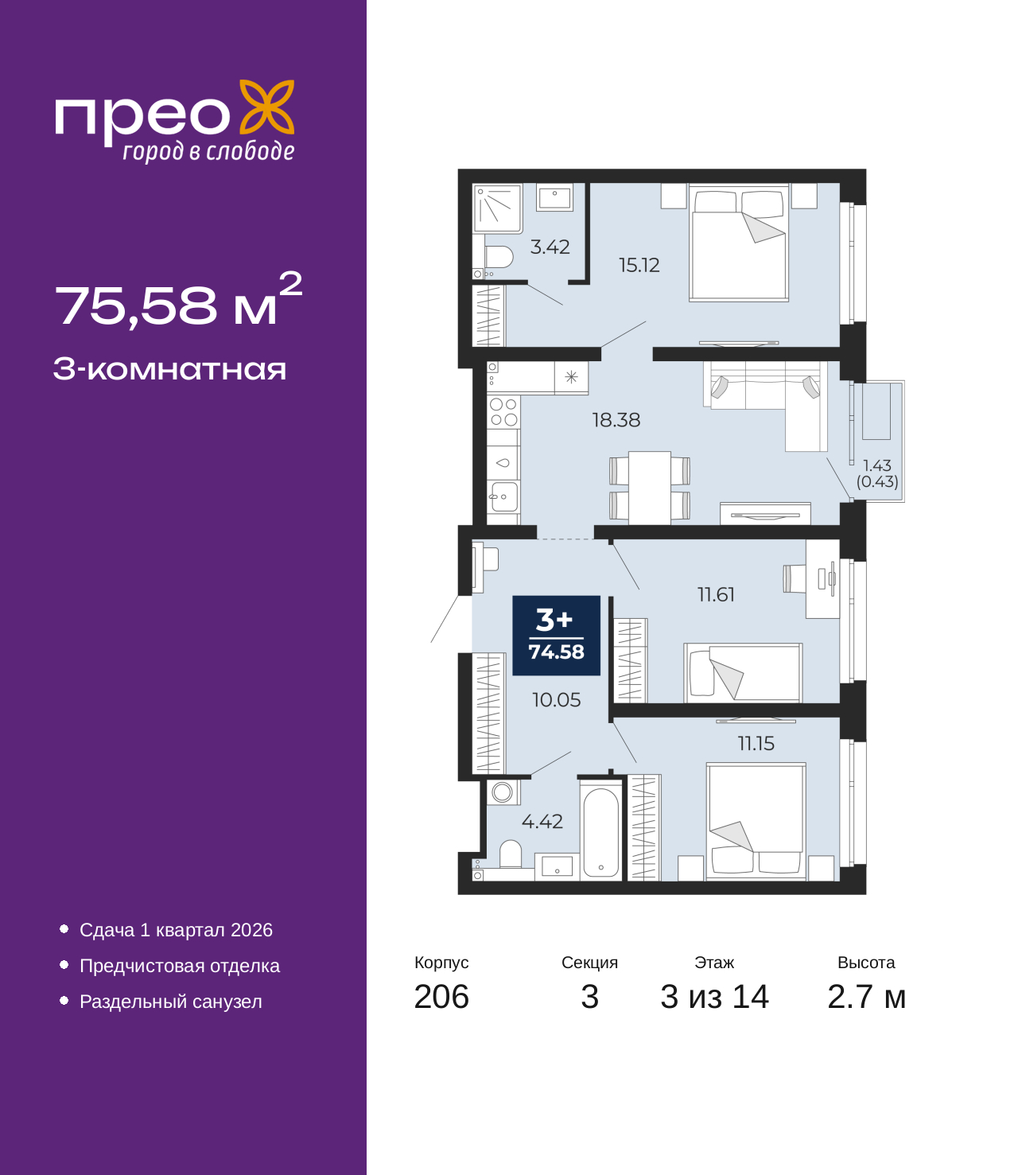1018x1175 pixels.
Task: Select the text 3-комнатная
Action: point(169,369)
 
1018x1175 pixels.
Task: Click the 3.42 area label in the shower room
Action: point(550,247)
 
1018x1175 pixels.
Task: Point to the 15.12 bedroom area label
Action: point(639,265)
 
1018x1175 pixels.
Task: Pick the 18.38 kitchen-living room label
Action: point(616,419)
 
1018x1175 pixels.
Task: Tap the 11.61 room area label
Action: point(716,594)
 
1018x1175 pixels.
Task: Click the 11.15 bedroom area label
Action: point(756,743)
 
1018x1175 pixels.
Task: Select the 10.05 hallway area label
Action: point(556,700)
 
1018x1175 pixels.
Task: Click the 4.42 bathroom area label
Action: point(542,821)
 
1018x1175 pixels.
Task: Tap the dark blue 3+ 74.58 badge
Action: point(556,636)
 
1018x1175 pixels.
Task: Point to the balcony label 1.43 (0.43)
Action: point(877,473)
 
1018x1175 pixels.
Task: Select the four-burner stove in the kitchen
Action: point(503,412)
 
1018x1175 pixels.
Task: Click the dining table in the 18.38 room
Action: point(650,487)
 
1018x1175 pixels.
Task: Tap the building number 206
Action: point(441,997)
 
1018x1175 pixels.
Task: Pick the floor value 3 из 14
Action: point(714,997)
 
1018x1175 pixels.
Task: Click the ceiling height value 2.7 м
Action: point(866,997)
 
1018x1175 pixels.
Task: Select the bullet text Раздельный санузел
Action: point(171,1002)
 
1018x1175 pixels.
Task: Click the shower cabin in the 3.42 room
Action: point(498,208)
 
